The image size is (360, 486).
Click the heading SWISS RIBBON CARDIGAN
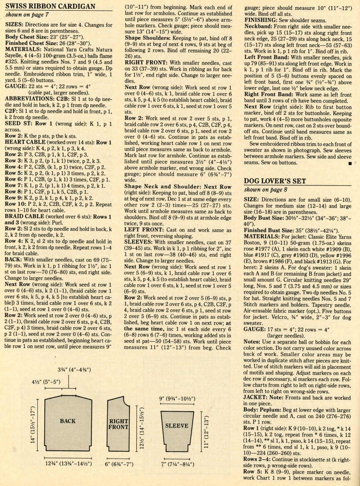50,6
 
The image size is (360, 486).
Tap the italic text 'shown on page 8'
266,190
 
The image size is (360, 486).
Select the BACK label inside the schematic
68,421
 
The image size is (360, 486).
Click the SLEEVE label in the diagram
177,426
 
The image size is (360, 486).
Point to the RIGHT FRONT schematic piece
118,424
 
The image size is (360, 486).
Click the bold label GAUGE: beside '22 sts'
16,86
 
